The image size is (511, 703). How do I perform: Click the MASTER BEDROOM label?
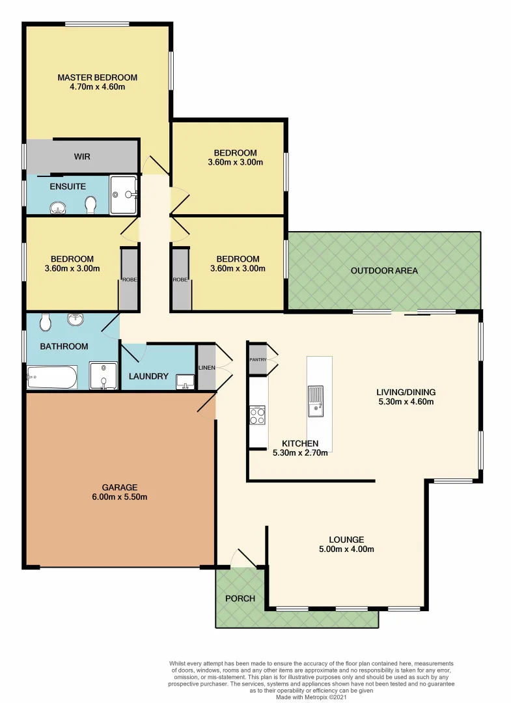pyautogui.click(x=97, y=77)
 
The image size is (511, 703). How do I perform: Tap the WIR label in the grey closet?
pyautogui.click(x=82, y=157)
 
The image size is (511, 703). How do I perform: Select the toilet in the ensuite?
pyautogui.click(x=90, y=205)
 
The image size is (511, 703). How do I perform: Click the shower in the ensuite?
pyautogui.click(x=123, y=195)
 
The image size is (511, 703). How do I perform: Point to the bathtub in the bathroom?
pyautogui.click(x=52, y=377)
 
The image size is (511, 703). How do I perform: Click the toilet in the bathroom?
pyautogui.click(x=46, y=322)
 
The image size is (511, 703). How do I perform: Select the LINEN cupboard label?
pyautogui.click(x=206, y=368)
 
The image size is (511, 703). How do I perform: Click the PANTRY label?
pyautogui.click(x=258, y=359)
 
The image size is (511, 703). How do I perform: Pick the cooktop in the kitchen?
pyautogui.click(x=257, y=415)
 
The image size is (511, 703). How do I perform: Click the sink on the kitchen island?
pyautogui.click(x=316, y=402)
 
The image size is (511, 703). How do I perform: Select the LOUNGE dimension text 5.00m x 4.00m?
pyautogui.click(x=346, y=549)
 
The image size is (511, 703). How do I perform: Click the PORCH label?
pyautogui.click(x=240, y=599)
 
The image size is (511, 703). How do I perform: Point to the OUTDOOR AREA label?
pyautogui.click(x=384, y=271)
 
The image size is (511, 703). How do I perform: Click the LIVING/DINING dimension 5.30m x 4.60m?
pyautogui.click(x=406, y=402)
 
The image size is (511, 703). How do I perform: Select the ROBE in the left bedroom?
pyautogui.click(x=128, y=280)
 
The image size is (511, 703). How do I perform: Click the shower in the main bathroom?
pyautogui.click(x=103, y=376)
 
